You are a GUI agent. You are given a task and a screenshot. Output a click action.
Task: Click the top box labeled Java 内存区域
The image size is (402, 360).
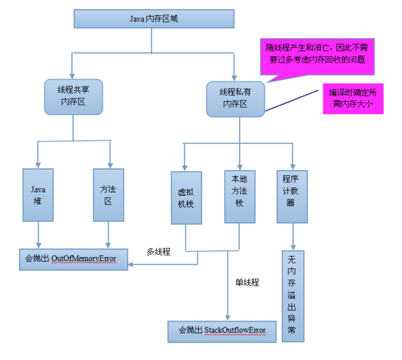154,19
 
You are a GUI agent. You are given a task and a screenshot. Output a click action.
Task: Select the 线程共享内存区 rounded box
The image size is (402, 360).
73,97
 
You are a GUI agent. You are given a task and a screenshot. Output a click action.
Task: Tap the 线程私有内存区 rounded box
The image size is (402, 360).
235,99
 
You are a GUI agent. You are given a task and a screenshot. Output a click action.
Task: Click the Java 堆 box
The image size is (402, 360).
38,195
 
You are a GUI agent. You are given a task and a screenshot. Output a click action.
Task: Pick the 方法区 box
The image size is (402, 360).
108,195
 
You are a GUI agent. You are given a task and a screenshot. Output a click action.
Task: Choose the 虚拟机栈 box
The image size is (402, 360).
186,198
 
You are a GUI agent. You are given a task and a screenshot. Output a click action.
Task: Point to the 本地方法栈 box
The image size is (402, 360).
240,197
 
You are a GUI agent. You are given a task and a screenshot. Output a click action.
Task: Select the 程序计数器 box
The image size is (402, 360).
292,197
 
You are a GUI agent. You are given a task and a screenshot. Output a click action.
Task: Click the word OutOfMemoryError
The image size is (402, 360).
84,259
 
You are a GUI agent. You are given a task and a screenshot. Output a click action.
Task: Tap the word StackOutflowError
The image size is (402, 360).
235,330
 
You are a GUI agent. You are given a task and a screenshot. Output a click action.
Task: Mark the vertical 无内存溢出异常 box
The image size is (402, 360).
293,296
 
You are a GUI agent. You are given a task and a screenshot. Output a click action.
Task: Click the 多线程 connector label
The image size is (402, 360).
158,252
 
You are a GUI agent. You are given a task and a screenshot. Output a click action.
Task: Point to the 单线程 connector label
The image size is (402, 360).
247,282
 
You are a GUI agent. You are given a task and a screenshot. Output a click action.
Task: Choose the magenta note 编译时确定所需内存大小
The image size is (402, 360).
353,99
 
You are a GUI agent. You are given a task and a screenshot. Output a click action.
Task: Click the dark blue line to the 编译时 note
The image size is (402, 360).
292,100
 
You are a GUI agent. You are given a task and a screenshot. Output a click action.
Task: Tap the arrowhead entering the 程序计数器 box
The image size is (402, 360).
293,167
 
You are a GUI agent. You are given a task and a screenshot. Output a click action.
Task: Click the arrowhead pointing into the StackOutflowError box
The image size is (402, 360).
227,318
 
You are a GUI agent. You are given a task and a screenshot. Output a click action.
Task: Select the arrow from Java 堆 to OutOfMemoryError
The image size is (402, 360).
38,235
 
